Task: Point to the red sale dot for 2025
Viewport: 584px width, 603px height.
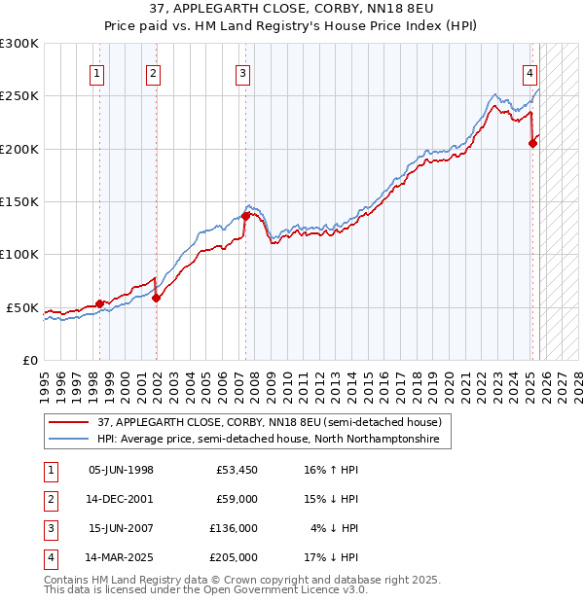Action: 532,143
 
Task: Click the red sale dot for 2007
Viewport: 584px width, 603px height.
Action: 245,216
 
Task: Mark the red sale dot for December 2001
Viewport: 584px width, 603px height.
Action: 157,298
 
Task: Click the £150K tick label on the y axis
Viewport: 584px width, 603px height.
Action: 19,201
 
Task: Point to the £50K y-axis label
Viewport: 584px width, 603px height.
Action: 23,307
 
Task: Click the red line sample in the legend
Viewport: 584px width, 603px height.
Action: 69,423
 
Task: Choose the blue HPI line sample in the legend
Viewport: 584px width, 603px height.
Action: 69,440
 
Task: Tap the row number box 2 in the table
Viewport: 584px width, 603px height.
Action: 49,500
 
